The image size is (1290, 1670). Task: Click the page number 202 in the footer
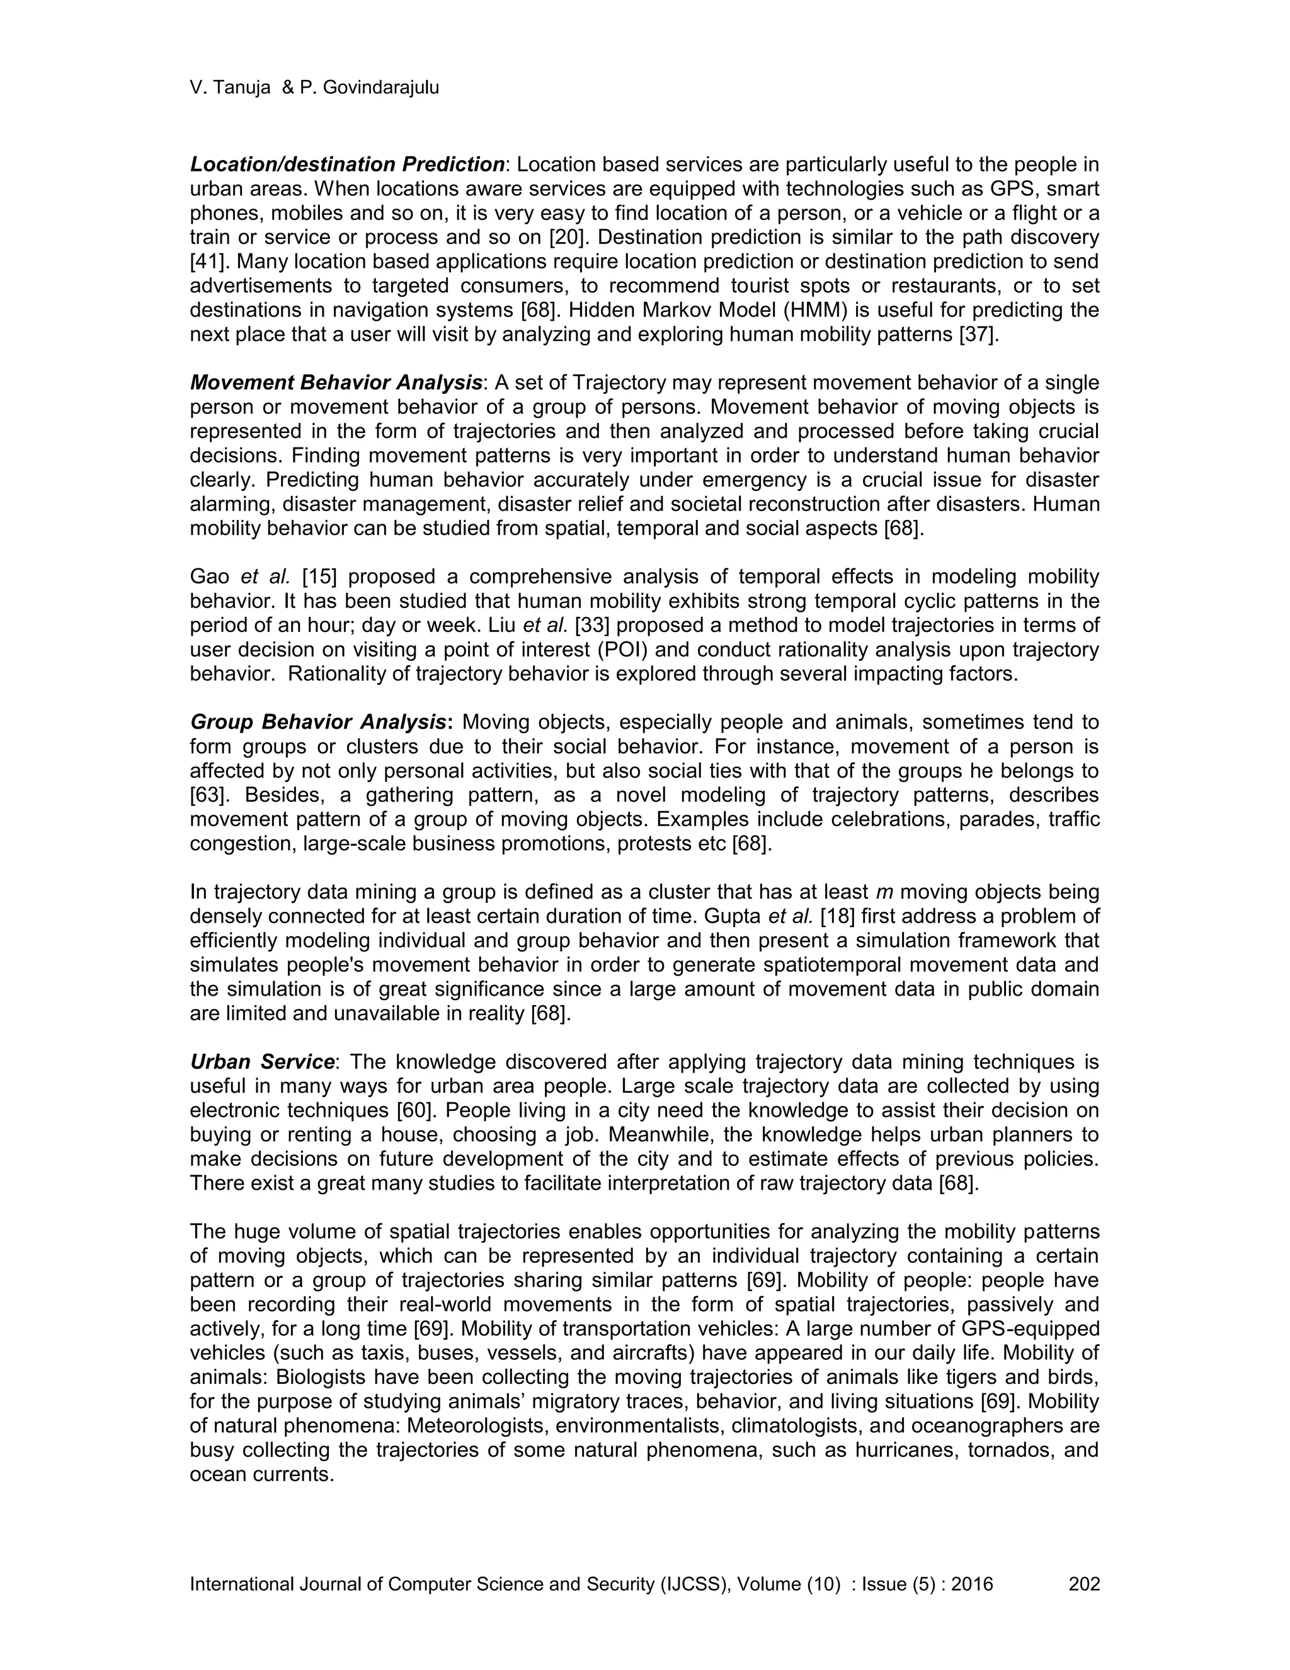pyautogui.click(x=1083, y=1584)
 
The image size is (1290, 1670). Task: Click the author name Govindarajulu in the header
pyautogui.click(x=380, y=88)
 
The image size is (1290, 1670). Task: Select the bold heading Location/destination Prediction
pyautogui.click(x=347, y=164)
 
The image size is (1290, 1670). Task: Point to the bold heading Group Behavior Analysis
pyautogui.click(x=319, y=722)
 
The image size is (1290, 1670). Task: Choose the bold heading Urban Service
pyautogui.click(x=262, y=1062)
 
